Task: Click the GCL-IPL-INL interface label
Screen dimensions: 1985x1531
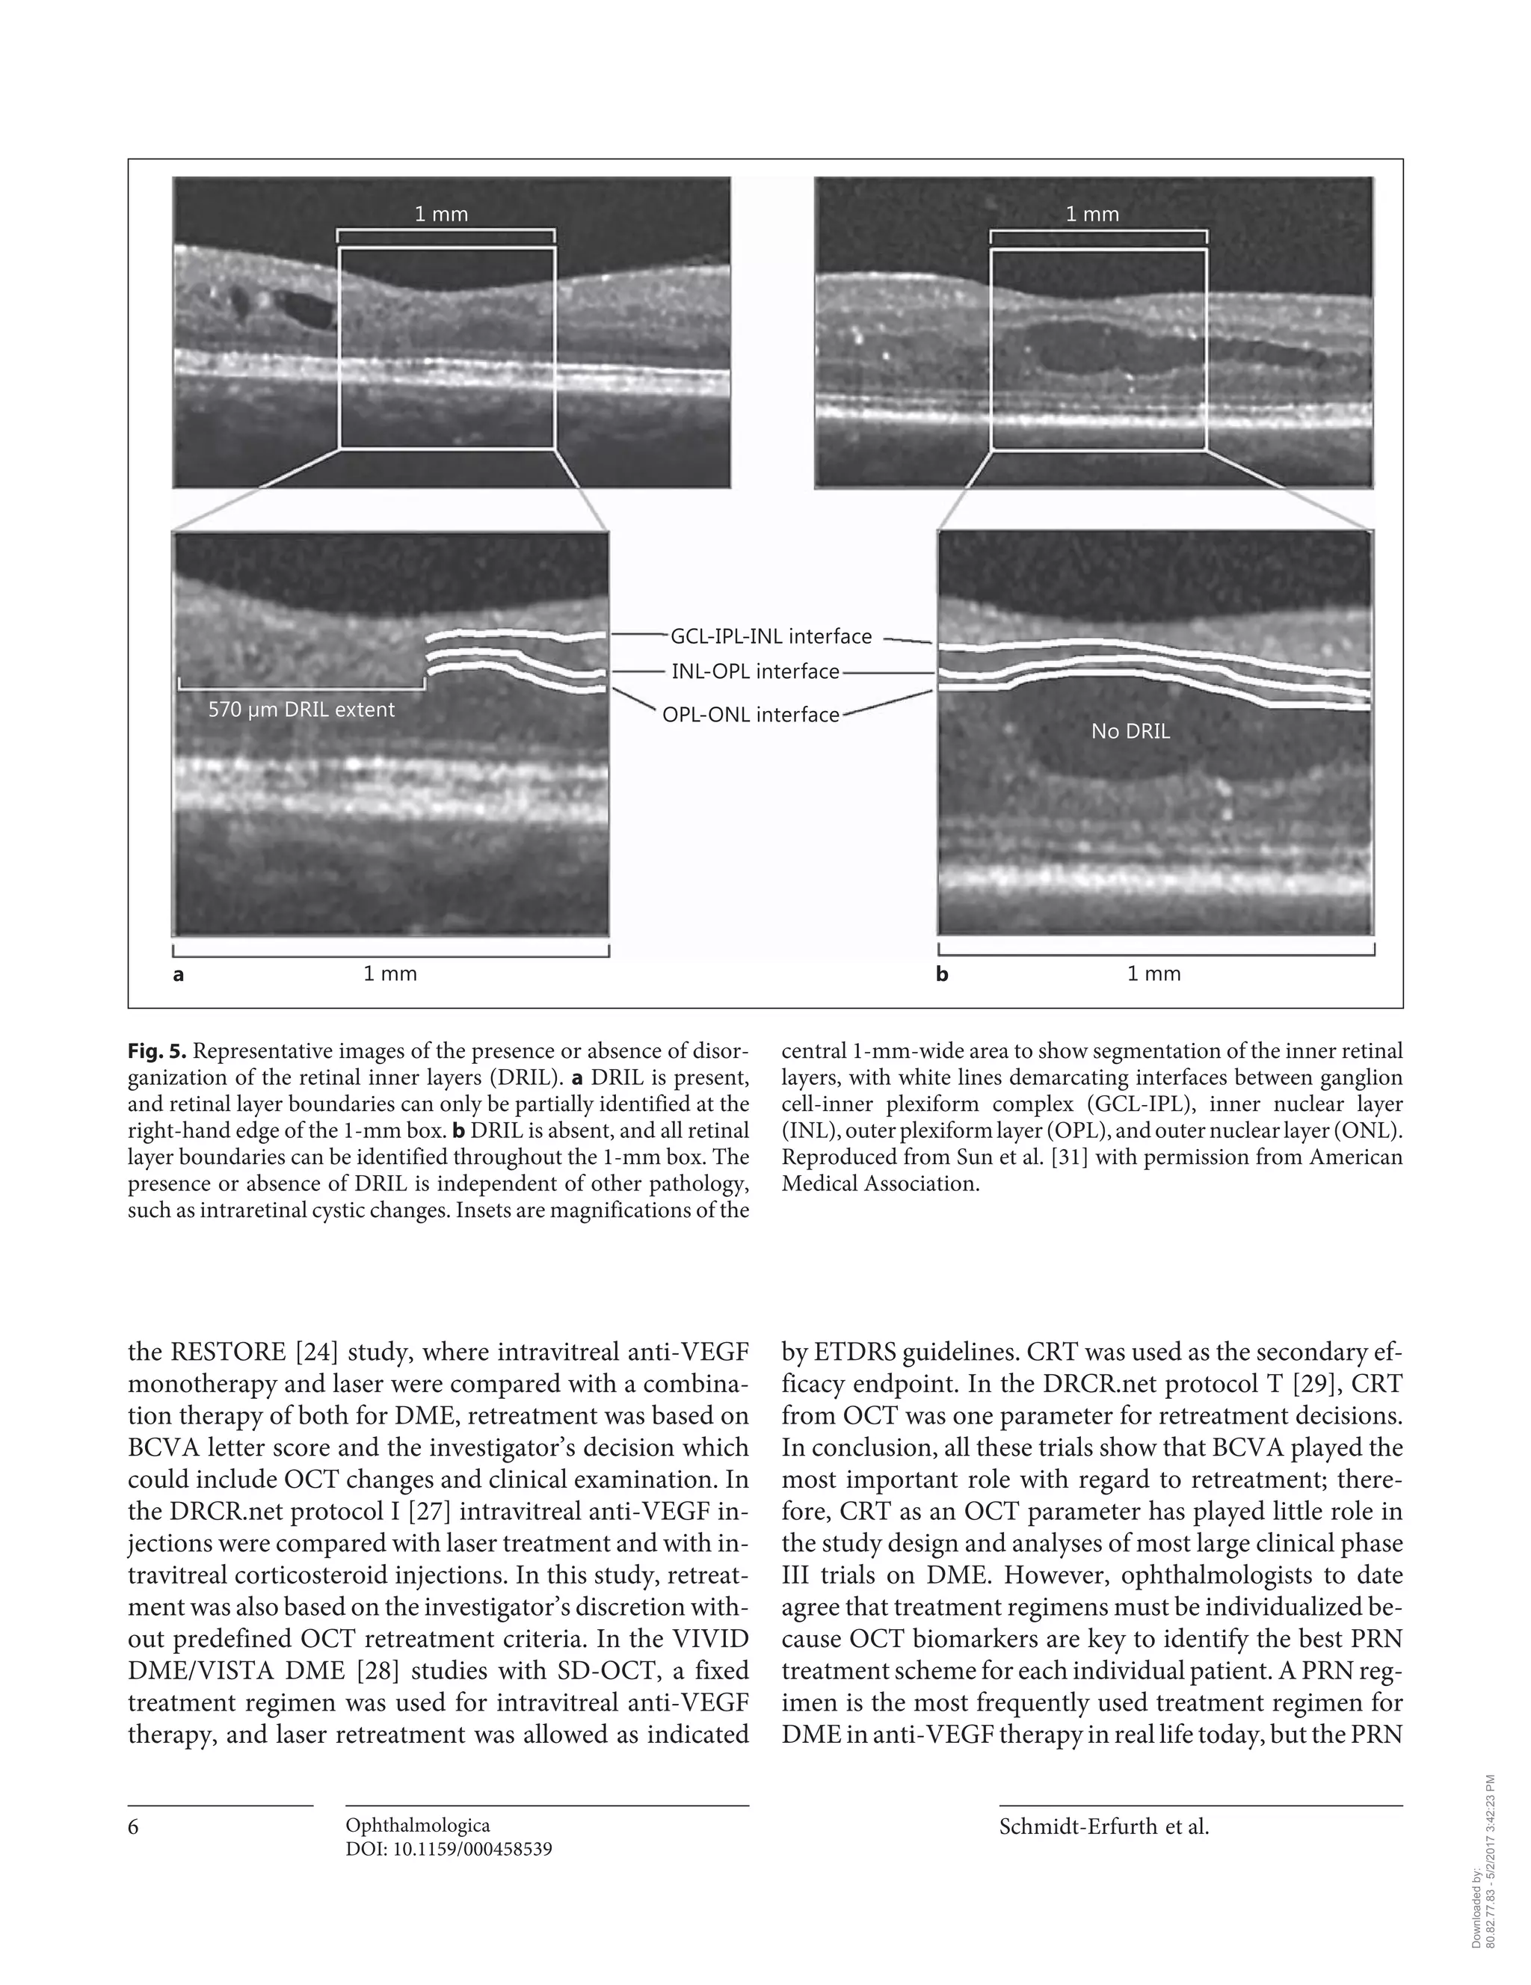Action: tap(771, 636)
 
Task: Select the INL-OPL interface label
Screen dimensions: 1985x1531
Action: tap(755, 671)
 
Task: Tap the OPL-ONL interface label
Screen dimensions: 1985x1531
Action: tap(751, 715)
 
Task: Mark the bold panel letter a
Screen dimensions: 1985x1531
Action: tap(178, 975)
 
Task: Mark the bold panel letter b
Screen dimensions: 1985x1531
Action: tap(942, 975)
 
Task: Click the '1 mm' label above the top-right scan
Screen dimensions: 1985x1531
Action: tap(1092, 215)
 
